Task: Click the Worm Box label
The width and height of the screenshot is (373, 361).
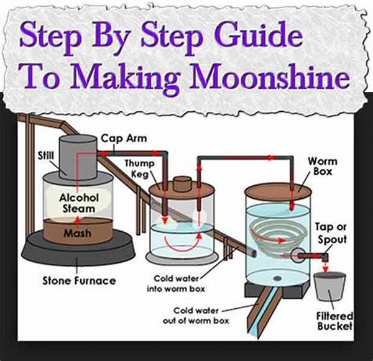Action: (323, 167)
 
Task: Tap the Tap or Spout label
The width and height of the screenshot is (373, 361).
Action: (330, 234)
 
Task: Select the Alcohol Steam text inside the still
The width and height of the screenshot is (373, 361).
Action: (78, 203)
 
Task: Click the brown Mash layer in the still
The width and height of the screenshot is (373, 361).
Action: (78, 234)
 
